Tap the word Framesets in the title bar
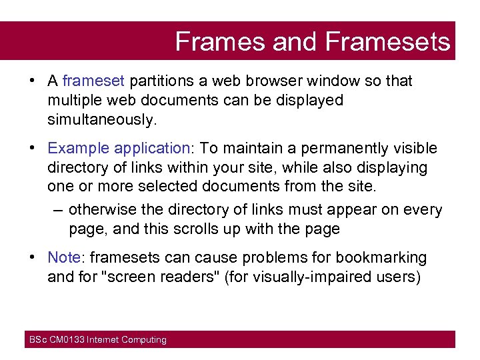(x=388, y=41)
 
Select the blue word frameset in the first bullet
(x=93, y=81)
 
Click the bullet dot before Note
(x=32, y=257)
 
